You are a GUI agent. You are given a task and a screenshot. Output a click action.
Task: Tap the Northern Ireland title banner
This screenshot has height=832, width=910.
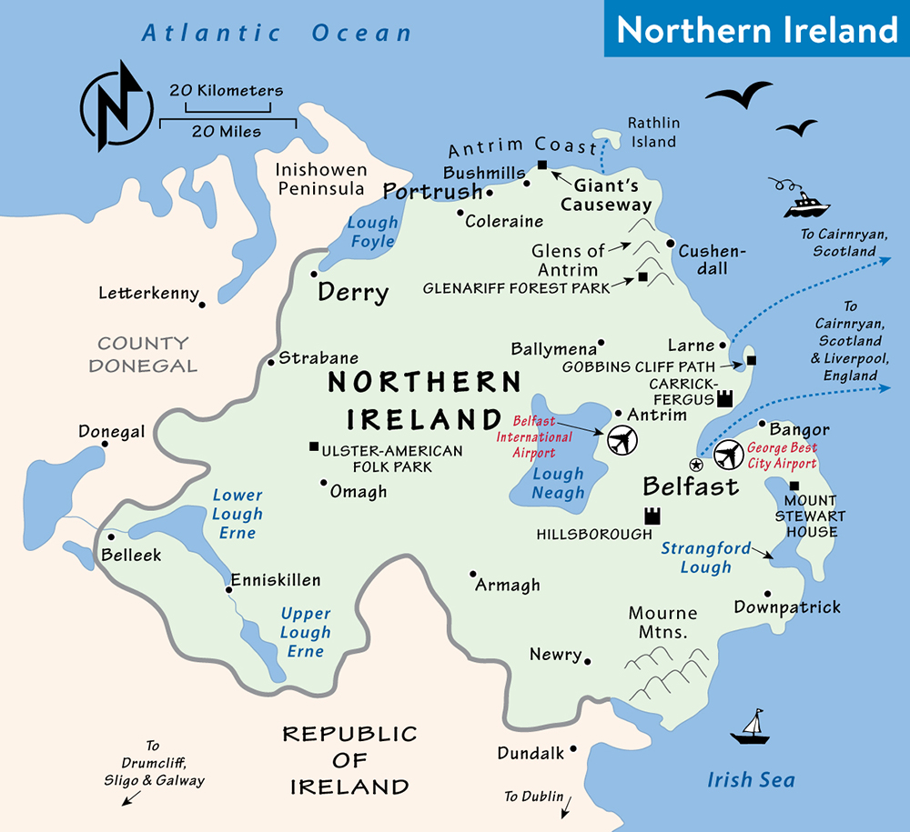pyautogui.click(x=757, y=29)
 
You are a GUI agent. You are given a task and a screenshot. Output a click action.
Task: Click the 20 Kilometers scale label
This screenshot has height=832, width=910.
pyautogui.click(x=226, y=91)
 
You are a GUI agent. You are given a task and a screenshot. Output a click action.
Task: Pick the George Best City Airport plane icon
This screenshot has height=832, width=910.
pyautogui.click(x=728, y=454)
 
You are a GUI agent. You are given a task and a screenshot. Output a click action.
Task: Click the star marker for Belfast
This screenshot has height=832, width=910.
pyautogui.click(x=696, y=464)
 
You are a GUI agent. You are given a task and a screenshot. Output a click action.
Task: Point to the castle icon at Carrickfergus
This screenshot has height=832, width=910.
pyautogui.click(x=725, y=397)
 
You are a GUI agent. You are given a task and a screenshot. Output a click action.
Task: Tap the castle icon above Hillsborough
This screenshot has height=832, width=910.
pyautogui.click(x=652, y=516)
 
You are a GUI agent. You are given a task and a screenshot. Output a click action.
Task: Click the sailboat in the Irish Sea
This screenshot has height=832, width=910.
pyautogui.click(x=752, y=727)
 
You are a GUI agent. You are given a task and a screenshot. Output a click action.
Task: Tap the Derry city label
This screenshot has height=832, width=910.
pyautogui.click(x=353, y=293)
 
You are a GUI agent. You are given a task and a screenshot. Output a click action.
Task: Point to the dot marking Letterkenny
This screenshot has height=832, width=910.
pyautogui.click(x=202, y=304)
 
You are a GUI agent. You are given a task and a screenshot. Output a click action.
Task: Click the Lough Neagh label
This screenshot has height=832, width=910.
pyautogui.click(x=559, y=483)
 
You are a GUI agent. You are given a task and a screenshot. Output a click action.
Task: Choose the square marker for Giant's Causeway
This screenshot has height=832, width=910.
pyautogui.click(x=542, y=165)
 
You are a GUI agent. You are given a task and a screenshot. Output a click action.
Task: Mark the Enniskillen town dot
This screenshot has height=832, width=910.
pyautogui.click(x=228, y=589)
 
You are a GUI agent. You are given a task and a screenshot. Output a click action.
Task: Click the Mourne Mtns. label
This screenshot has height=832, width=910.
pyautogui.click(x=662, y=622)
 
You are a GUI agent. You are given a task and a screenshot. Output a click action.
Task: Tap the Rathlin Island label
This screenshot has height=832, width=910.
pyautogui.click(x=653, y=132)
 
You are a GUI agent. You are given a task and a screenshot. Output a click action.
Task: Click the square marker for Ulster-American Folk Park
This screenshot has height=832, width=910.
pyautogui.click(x=314, y=446)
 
